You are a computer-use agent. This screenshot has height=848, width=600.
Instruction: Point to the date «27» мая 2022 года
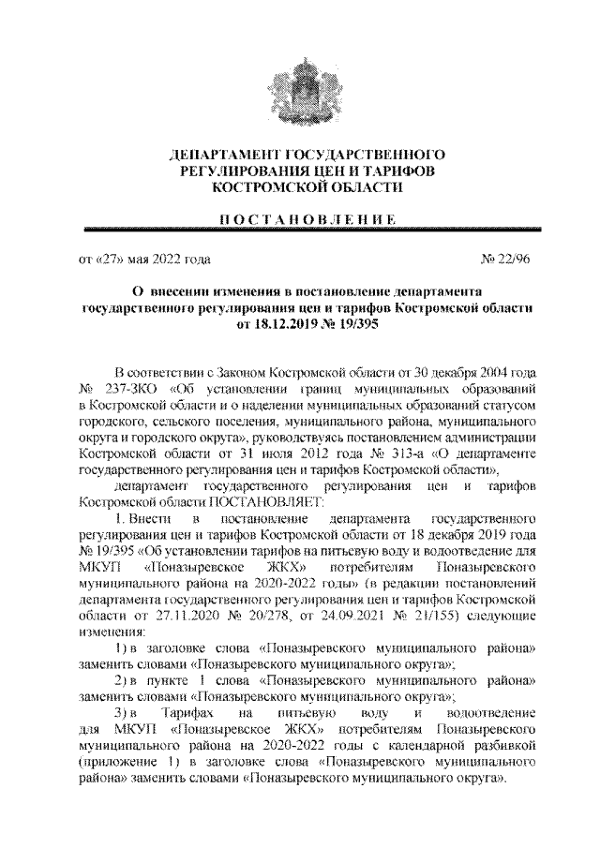click(x=142, y=257)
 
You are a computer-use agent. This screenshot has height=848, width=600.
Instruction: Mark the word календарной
click(x=428, y=749)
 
